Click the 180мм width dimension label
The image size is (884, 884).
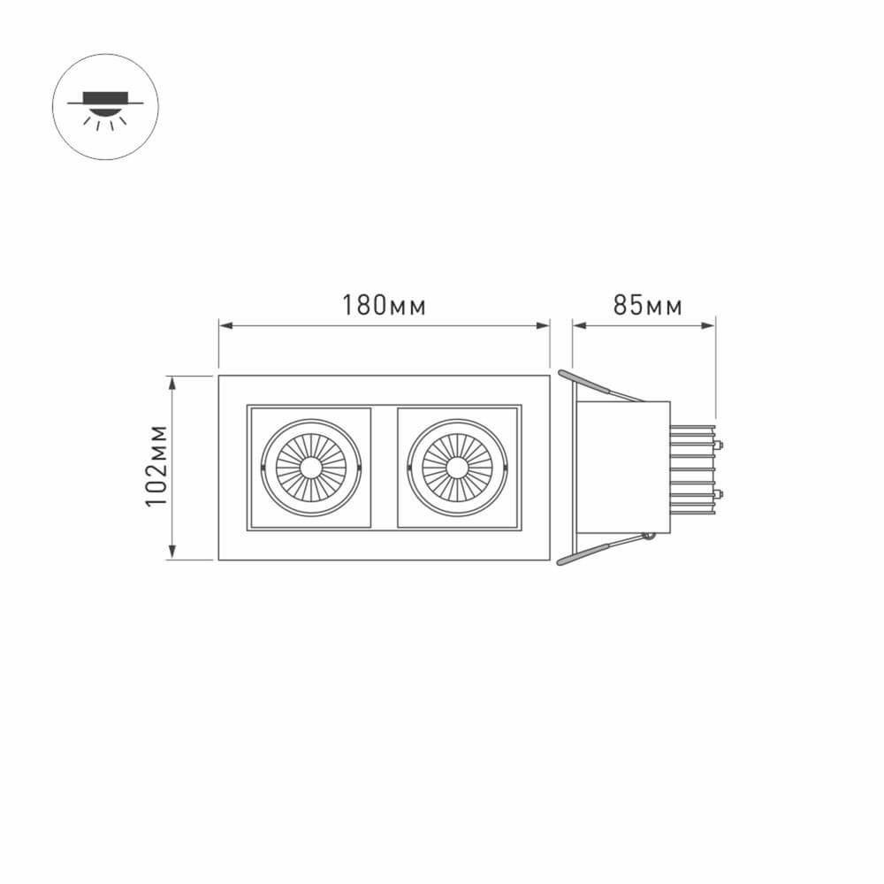(385, 306)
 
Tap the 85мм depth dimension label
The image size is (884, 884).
(647, 306)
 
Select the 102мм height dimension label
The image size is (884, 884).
(157, 468)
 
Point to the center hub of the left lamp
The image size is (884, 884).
(311, 467)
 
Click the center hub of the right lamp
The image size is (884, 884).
(457, 467)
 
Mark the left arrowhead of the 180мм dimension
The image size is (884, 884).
(225, 326)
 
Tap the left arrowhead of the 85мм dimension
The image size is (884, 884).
(578, 326)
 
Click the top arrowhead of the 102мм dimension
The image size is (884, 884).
(173, 381)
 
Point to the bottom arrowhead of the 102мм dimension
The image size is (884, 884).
(173, 553)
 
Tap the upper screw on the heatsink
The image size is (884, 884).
(720, 443)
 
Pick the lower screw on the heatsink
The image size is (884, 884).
(720, 493)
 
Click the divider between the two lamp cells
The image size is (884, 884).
(384, 467)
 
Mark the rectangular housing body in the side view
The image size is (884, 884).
(623, 467)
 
